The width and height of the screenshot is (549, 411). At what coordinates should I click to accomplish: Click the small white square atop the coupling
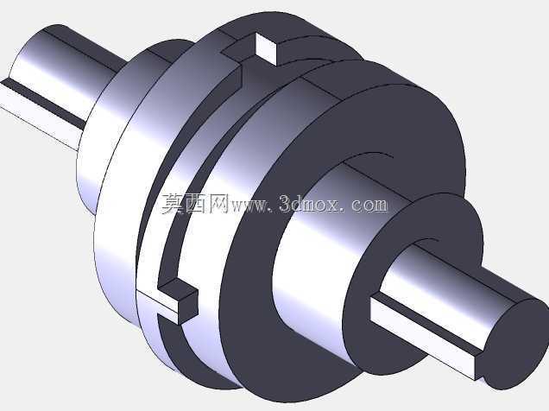pos(267,49)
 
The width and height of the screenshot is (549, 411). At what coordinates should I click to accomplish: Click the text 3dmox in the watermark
pos(309,204)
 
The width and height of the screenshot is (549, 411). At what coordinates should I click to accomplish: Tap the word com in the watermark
pos(369,205)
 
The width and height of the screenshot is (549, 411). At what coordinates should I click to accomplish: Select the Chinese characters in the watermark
pos(195,204)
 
